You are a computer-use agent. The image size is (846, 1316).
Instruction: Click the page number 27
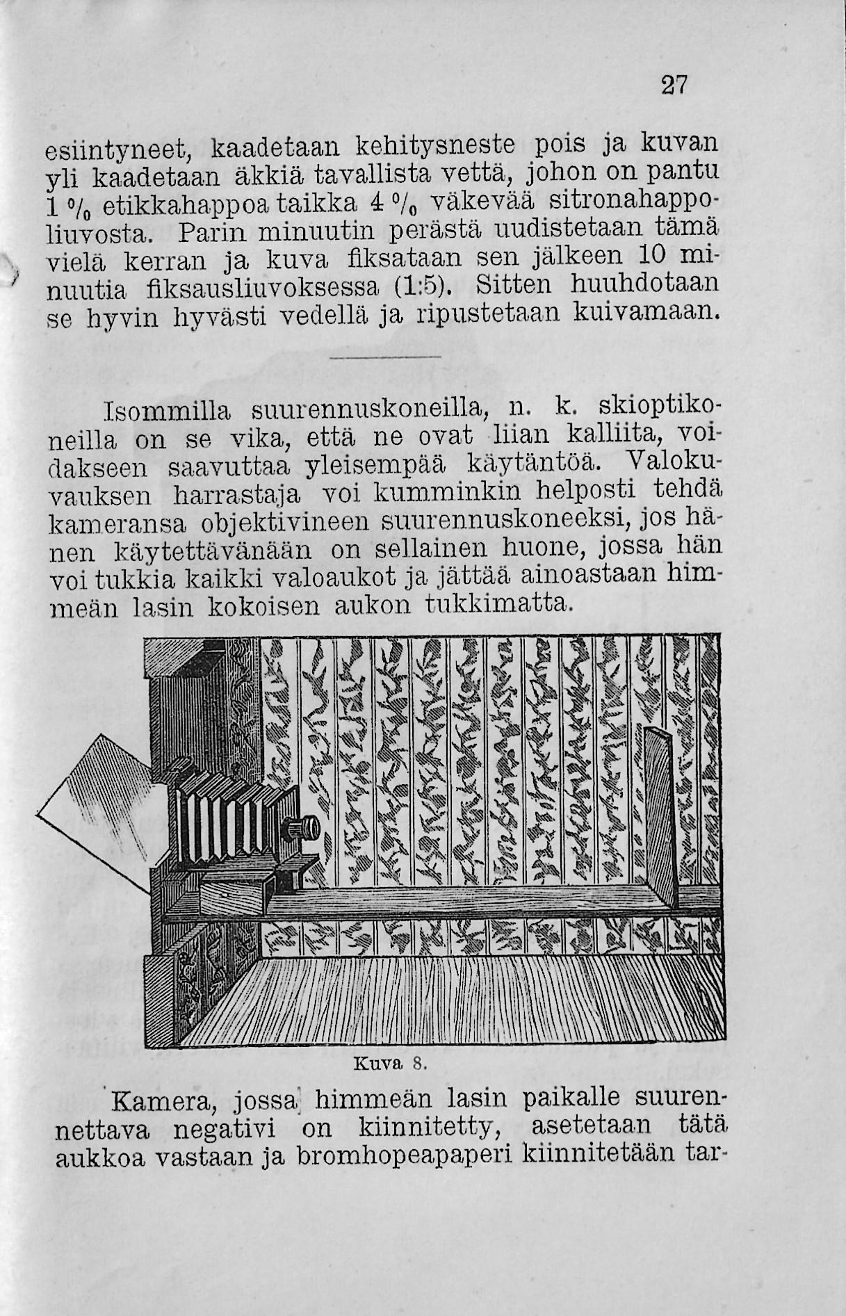(x=673, y=86)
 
